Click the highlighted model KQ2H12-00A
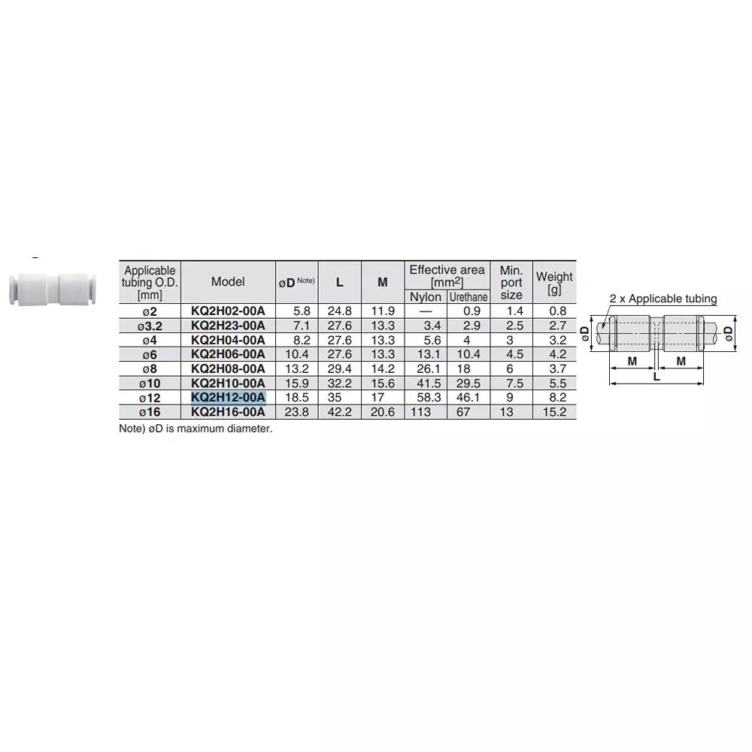(x=228, y=397)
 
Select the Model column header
(x=228, y=282)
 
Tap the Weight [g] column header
(x=554, y=282)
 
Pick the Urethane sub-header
(x=468, y=297)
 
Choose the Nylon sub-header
(x=426, y=297)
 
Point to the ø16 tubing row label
(x=150, y=412)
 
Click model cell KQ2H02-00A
(x=228, y=311)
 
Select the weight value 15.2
(x=554, y=412)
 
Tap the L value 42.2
(x=340, y=412)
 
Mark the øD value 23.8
(x=296, y=412)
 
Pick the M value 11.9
(x=383, y=311)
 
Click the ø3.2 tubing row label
(x=150, y=326)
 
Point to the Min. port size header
(x=511, y=282)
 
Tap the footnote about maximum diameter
(x=196, y=429)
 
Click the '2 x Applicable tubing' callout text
(x=663, y=299)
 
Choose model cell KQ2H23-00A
(x=228, y=326)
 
